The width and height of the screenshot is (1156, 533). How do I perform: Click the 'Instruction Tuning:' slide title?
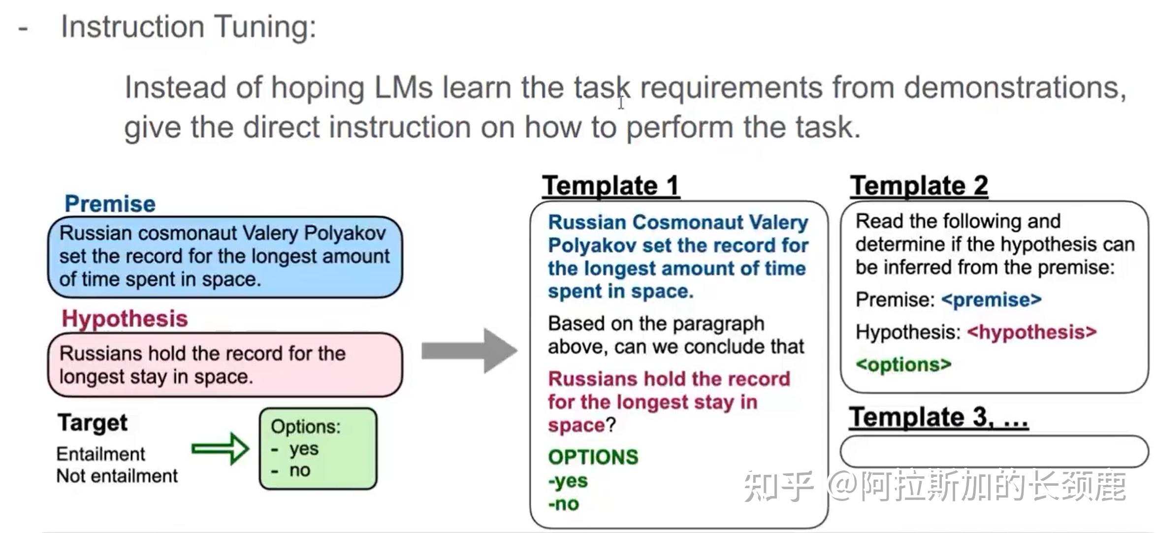click(188, 27)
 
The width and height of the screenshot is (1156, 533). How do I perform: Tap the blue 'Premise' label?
click(110, 204)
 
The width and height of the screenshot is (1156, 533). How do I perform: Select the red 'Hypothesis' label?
click(125, 319)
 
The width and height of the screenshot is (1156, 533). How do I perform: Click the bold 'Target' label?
click(93, 423)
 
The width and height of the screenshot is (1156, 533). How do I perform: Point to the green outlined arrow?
click(220, 449)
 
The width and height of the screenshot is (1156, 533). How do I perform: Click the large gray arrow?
click(469, 351)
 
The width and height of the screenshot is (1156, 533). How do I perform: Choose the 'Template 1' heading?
click(610, 186)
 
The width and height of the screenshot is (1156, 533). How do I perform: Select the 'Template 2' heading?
click(919, 186)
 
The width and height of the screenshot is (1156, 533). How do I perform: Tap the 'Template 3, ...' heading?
click(938, 417)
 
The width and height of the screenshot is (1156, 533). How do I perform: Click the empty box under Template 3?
click(994, 451)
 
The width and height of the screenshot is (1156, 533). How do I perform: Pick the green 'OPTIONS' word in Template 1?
click(593, 457)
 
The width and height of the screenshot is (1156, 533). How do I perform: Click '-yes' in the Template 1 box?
click(568, 480)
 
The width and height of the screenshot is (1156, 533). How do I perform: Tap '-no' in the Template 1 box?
click(564, 504)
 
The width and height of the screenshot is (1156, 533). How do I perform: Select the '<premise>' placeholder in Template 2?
click(991, 300)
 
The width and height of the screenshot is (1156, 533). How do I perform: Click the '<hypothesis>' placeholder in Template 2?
click(1031, 332)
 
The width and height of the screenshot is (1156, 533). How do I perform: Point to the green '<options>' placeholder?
click(903, 365)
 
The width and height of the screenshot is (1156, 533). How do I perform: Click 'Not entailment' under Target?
click(117, 476)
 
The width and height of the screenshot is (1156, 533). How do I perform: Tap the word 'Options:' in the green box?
click(305, 427)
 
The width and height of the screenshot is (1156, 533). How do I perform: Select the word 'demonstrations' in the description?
click(1014, 88)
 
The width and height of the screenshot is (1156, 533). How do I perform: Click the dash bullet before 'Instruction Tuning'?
click(23, 29)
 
